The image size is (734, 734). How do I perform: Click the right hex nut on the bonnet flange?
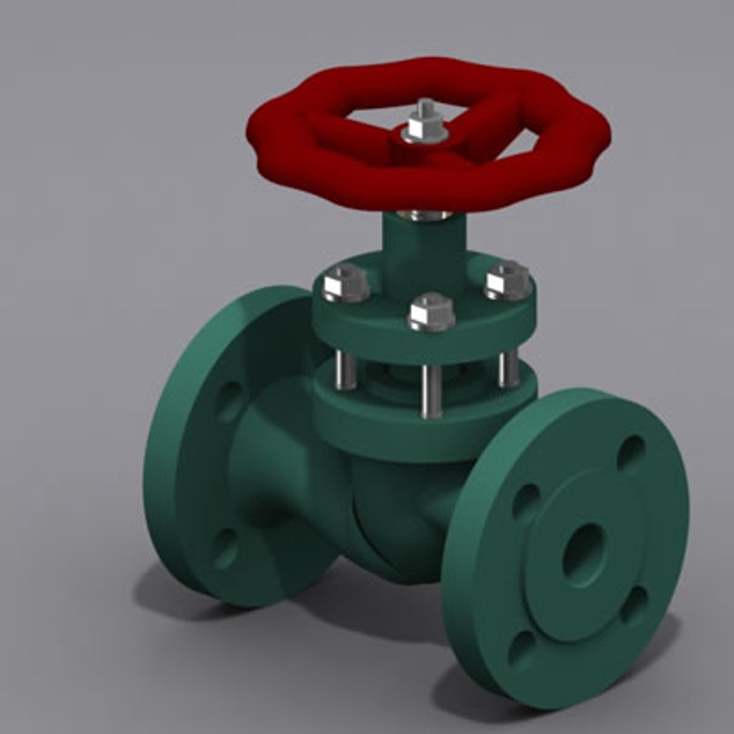tap(508, 279)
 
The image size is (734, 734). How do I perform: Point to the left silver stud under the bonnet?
tap(345, 370)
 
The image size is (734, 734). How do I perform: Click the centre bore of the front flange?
tap(584, 555)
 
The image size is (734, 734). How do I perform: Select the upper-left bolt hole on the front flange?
tap(525, 501)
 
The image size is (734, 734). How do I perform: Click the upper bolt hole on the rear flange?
tap(229, 401)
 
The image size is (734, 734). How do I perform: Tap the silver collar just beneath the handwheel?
tap(424, 215)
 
